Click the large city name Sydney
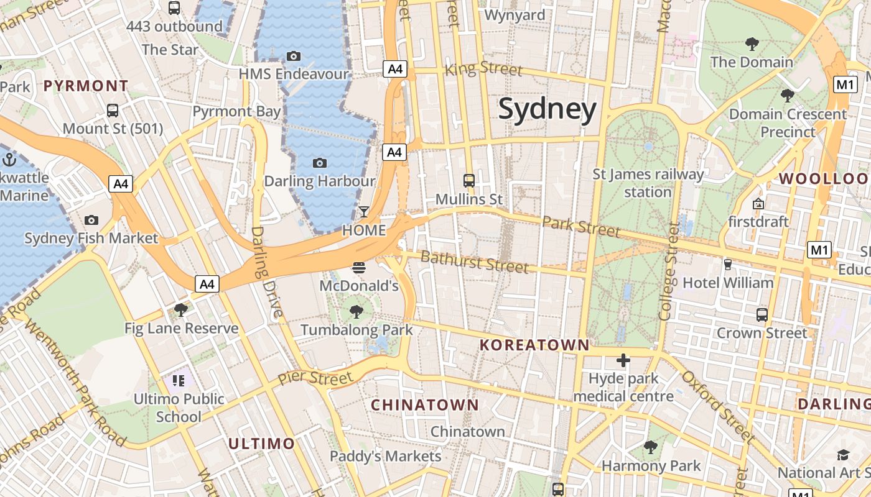547,109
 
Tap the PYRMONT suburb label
86,86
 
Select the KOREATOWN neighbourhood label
534,345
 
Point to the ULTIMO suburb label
261,444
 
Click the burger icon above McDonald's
358,268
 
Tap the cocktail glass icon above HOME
364,212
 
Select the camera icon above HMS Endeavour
294,57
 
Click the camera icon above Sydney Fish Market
91,220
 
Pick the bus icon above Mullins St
469,181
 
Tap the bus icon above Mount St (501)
113,111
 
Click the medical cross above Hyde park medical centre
623,360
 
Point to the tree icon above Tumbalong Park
356,311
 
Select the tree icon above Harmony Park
651,447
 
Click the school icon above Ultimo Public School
179,380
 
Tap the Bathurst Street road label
475,262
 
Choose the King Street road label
483,68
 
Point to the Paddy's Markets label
385,456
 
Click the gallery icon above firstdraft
758,204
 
